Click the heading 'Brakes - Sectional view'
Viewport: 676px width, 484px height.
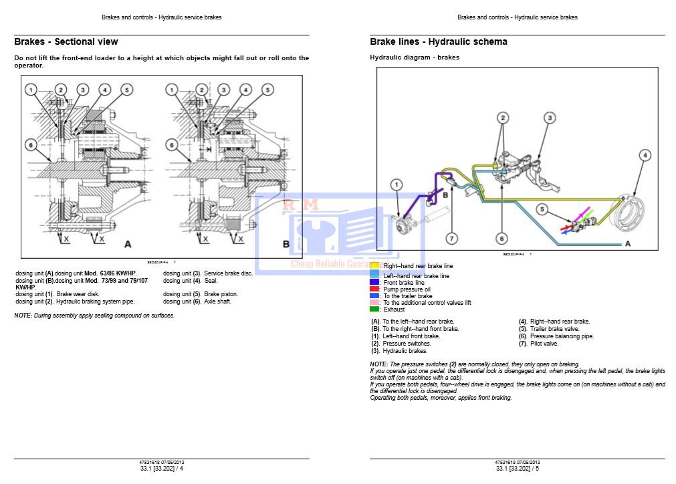click(x=66, y=41)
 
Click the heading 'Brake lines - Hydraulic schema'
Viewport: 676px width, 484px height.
click(x=439, y=41)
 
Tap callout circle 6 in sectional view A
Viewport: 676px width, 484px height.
click(x=30, y=144)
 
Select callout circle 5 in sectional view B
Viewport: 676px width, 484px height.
click(x=267, y=90)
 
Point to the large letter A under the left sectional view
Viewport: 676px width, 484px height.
click(x=128, y=244)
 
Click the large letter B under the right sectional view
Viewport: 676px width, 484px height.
click(x=286, y=244)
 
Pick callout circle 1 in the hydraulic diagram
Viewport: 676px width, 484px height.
click(x=397, y=184)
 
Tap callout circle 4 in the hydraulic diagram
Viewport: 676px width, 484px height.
click(x=645, y=156)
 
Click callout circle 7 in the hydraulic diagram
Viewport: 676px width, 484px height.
click(x=452, y=238)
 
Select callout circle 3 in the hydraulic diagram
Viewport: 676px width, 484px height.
click(x=548, y=118)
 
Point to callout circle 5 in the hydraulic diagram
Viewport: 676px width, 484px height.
click(x=542, y=210)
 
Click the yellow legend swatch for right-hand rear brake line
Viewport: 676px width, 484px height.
click(x=374, y=266)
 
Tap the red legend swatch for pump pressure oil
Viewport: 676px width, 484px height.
click(x=374, y=289)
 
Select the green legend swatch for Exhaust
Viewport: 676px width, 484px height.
click(x=374, y=310)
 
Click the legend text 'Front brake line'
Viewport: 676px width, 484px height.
click(x=403, y=282)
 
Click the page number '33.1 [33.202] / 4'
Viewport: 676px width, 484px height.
click(x=162, y=469)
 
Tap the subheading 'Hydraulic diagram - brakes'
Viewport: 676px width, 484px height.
click(x=415, y=57)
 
